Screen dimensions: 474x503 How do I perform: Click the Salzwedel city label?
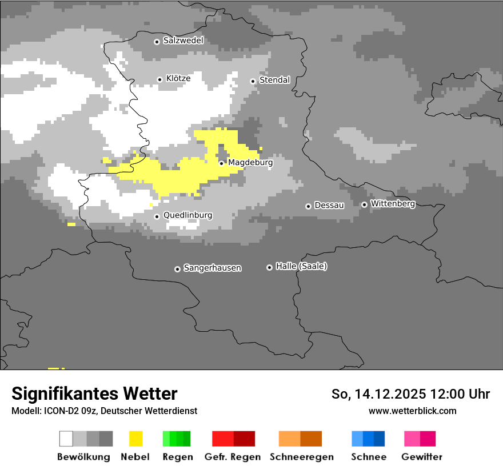[183, 41]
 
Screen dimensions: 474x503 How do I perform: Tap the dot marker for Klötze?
[160, 79]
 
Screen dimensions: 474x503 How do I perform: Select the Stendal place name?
[274, 80]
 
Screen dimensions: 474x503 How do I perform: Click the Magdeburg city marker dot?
[222, 163]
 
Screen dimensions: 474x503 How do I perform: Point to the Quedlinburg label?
[187, 215]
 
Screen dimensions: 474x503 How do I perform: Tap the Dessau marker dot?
[308, 206]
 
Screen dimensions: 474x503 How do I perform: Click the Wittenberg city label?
[393, 203]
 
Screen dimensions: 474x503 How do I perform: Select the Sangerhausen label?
[212, 268]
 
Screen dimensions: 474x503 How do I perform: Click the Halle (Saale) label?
[301, 266]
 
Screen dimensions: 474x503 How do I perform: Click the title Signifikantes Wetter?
[94, 393]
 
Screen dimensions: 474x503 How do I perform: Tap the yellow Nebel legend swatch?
[136, 439]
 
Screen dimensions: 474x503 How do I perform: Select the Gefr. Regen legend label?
[233, 457]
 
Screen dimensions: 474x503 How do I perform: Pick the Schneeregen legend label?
[302, 457]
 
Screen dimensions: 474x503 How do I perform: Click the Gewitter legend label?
[422, 457]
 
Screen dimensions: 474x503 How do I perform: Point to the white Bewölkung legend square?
[66, 439]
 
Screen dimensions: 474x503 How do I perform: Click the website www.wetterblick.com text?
[412, 411]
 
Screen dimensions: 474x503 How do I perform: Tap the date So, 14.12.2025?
[379, 394]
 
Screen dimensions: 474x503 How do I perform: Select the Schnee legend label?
[369, 457]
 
